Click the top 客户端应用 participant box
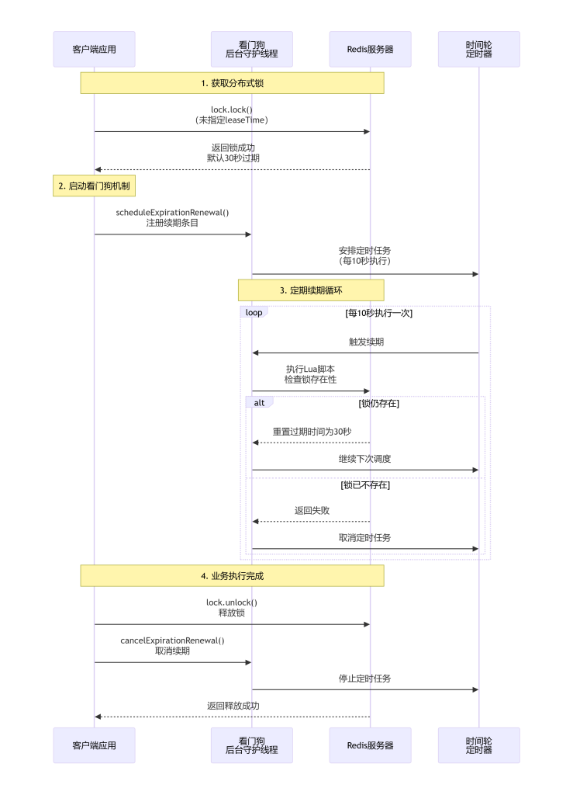point(94,49)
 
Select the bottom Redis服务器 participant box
point(370,745)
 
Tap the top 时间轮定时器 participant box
point(478,49)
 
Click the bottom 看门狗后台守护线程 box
point(251,745)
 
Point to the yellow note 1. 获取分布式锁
point(232,83)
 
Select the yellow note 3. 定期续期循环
point(310,290)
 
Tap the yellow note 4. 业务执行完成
point(232,576)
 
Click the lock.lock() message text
point(232,109)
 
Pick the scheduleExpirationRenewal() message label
point(173,213)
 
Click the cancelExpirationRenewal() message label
point(173,641)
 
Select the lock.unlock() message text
point(232,602)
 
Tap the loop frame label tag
point(254,312)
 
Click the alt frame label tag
point(259,403)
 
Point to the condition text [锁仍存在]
point(378,404)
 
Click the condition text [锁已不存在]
point(365,485)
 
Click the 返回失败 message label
point(311,511)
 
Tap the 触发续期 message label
point(365,342)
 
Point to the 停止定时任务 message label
point(365,679)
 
